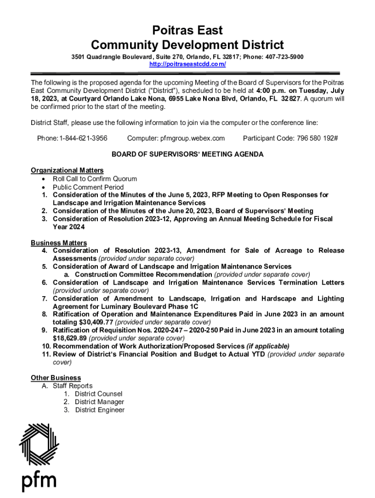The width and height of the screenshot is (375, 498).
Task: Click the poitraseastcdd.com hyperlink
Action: pos(187,64)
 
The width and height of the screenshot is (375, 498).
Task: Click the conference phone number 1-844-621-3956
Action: pos(83,138)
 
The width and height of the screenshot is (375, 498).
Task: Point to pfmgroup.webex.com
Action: pos(192,138)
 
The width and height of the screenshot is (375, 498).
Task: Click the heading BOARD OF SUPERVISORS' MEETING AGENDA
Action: pos(187,154)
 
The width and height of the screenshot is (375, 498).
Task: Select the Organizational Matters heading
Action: pos(67,170)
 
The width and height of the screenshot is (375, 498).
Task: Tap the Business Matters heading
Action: pos(59,243)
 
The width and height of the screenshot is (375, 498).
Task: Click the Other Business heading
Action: pos(56,378)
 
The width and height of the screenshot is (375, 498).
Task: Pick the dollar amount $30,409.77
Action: pos(96,322)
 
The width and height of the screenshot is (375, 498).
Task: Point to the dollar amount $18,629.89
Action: pos(70,338)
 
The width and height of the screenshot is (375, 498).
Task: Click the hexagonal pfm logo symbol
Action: pos(39,444)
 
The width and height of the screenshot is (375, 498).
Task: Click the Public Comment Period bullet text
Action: pos(88,187)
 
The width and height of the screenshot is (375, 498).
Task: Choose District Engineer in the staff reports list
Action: pos(100,410)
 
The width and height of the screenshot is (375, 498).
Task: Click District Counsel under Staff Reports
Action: pos(99,394)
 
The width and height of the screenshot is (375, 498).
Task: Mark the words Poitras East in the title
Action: pos(187,31)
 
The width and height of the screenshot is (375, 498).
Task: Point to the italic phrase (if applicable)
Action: pos(268,346)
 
